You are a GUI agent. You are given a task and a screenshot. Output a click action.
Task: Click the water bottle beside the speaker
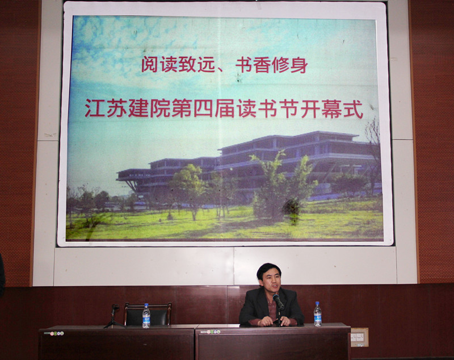point(318,314)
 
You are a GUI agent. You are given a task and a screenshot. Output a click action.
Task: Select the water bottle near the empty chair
point(146,316)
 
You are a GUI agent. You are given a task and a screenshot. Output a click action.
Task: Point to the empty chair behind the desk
point(148,313)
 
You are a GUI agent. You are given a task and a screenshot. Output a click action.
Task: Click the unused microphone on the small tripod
point(115,307)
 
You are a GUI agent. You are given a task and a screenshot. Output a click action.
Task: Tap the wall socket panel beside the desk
point(360,337)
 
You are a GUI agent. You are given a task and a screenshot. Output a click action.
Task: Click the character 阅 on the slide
point(150,64)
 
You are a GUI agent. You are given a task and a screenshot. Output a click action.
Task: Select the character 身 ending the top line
point(299,64)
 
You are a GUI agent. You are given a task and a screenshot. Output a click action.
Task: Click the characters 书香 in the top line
point(253,64)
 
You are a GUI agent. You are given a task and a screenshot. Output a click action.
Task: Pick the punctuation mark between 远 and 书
point(221,69)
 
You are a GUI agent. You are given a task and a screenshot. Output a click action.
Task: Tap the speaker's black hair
point(268,269)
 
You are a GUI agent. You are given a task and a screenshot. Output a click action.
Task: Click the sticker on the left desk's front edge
point(56,333)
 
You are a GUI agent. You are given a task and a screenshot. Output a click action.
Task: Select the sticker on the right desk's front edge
point(214,332)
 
